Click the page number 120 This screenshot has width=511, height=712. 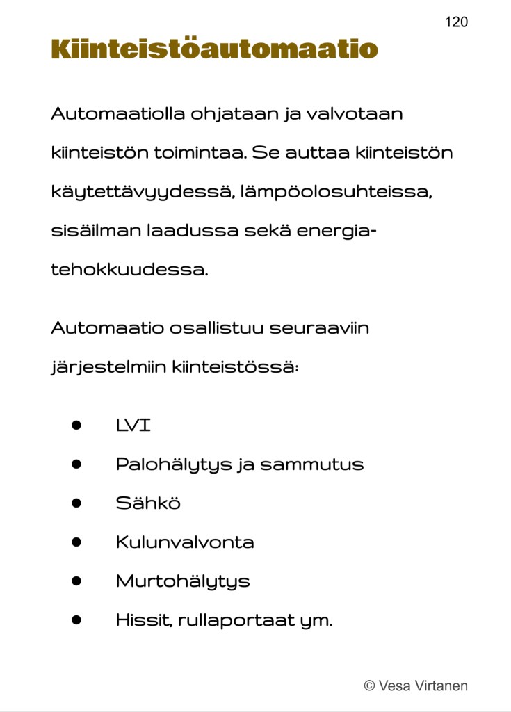(x=456, y=22)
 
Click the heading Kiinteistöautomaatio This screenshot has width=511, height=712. (x=214, y=50)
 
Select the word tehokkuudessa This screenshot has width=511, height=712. (x=129, y=270)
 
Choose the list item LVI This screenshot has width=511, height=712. (x=133, y=426)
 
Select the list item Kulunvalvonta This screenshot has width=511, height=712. (x=185, y=542)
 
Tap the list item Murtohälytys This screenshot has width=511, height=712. (x=183, y=581)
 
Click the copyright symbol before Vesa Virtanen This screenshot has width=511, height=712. (x=370, y=686)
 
